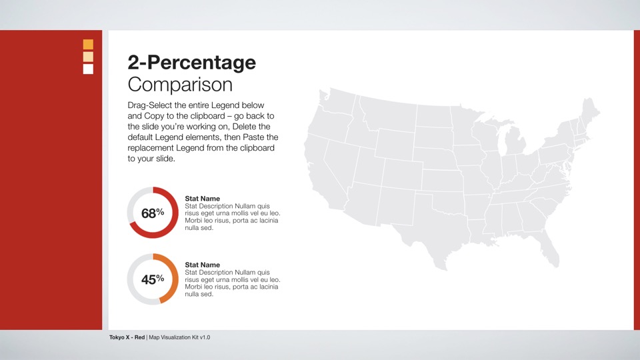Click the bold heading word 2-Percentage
click(191, 63)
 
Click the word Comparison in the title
click(180, 85)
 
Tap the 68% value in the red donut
click(152, 213)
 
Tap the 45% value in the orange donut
click(152, 280)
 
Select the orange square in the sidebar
click(88, 45)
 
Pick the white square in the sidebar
click(88, 69)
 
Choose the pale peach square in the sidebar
click(88, 57)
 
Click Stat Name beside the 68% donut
click(202, 199)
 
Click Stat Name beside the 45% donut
click(202, 265)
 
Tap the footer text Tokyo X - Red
click(127, 337)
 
